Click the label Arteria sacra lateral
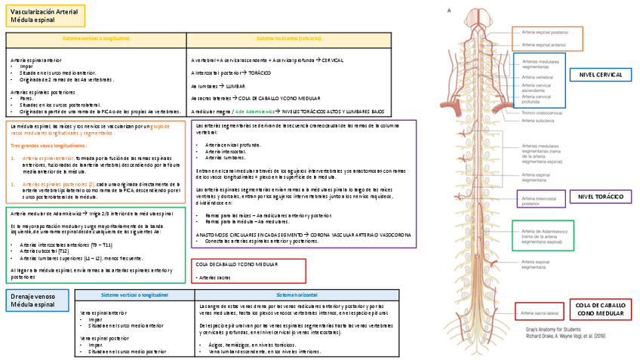541,311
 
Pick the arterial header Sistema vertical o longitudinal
96,38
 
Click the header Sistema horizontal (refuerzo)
288,38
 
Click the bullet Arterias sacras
218,278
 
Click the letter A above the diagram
450,11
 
